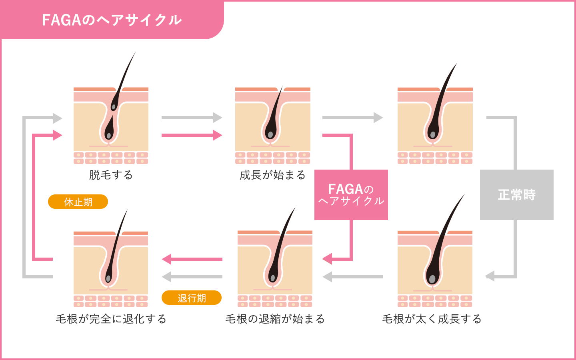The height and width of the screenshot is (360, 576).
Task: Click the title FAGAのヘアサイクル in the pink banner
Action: [112, 20]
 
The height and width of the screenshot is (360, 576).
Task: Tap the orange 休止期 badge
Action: [78, 202]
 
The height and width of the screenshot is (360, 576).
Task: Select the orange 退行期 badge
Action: [192, 298]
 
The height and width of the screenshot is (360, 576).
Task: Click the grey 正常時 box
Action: [516, 195]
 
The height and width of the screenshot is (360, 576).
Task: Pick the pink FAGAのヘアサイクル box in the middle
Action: [351, 195]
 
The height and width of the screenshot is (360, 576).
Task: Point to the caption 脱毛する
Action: [111, 175]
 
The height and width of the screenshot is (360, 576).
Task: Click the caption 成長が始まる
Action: [272, 175]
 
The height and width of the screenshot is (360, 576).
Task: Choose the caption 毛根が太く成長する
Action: [432, 319]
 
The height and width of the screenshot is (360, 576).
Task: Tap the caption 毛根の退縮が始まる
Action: [275, 319]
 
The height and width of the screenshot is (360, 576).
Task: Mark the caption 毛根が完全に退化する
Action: [111, 319]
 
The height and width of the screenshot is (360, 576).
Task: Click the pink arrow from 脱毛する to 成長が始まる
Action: [192, 135]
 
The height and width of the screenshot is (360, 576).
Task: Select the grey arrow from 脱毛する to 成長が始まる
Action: [192, 118]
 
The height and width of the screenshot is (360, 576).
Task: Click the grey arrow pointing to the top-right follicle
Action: [352, 118]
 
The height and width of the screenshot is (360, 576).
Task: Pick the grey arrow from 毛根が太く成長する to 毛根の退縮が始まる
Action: [352, 276]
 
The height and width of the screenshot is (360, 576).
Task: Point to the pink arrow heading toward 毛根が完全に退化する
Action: [192, 259]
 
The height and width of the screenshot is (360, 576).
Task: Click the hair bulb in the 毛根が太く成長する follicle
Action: [432, 278]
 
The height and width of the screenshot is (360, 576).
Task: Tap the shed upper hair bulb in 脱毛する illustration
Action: [114, 106]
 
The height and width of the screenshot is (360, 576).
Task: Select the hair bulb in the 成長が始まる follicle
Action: [270, 134]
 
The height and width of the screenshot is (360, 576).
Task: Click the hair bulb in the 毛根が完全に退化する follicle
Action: [108, 278]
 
